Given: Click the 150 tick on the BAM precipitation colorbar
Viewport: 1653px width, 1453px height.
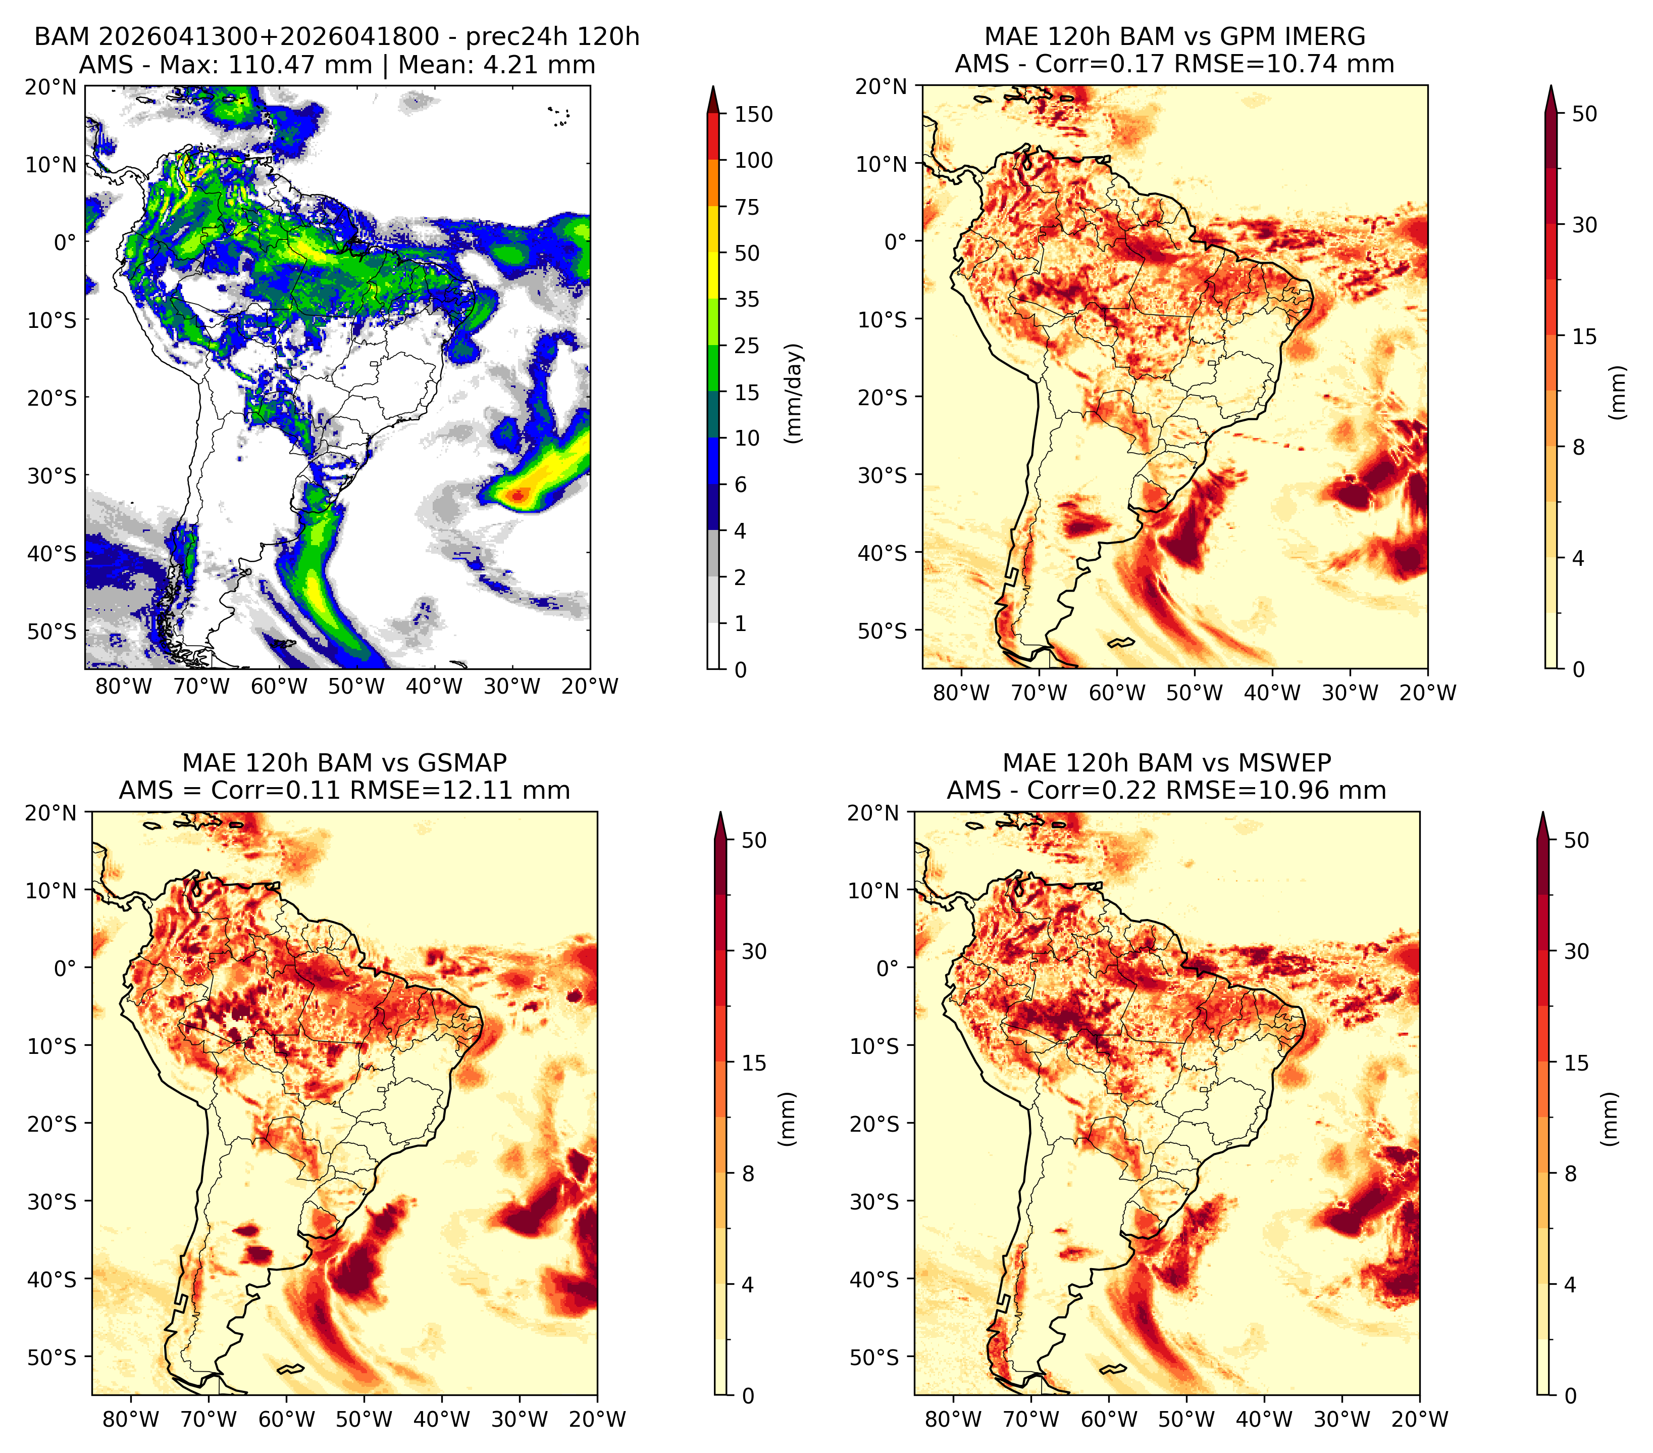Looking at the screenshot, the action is click(753, 114).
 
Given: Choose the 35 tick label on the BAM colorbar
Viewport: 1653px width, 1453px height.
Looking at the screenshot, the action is click(746, 299).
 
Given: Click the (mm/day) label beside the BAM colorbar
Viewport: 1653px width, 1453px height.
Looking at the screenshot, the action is click(795, 393).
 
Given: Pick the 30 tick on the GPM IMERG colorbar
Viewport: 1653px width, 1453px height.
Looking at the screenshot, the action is click(1584, 225).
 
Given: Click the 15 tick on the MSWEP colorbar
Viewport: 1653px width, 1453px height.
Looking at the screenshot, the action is click(1576, 1063).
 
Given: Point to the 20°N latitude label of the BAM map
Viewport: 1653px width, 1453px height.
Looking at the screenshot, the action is click(51, 86).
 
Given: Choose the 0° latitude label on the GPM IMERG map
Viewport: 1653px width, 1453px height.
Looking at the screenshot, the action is click(895, 241).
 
